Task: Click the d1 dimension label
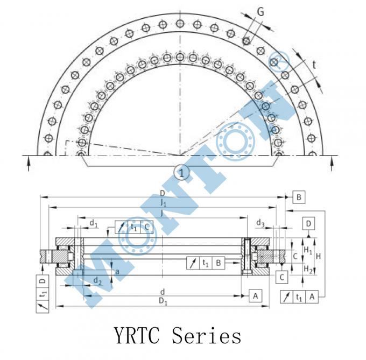(93, 222)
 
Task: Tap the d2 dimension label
(97, 280)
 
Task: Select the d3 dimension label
(260, 222)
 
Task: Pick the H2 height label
(307, 269)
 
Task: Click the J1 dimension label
(163, 203)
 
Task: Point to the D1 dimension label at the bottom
(163, 302)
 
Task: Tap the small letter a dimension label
(117, 272)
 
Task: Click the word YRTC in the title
(139, 336)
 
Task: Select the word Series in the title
(207, 336)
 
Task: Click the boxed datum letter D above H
(308, 223)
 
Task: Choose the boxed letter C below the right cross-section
(280, 277)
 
